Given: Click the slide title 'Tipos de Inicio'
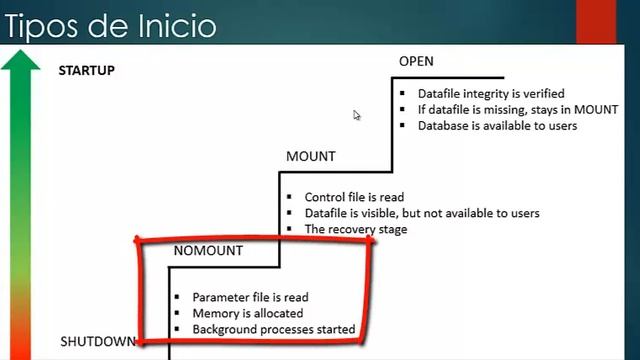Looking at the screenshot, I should click(x=109, y=23).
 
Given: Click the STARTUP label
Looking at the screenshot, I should click(x=86, y=71).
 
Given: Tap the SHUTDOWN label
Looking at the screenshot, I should click(x=96, y=342).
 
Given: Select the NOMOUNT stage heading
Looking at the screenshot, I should click(x=208, y=251).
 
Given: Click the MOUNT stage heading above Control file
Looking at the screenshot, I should click(x=310, y=157).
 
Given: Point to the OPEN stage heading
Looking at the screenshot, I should click(x=416, y=62).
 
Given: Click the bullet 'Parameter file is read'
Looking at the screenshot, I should click(x=250, y=297).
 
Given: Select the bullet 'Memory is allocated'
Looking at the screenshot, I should click(x=244, y=313).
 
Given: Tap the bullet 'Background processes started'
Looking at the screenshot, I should click(x=273, y=329).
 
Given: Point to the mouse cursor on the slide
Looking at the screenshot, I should click(x=356, y=114).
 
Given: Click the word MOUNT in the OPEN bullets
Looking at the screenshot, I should click(x=597, y=109).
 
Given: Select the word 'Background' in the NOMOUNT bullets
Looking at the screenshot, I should click(x=225, y=329).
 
